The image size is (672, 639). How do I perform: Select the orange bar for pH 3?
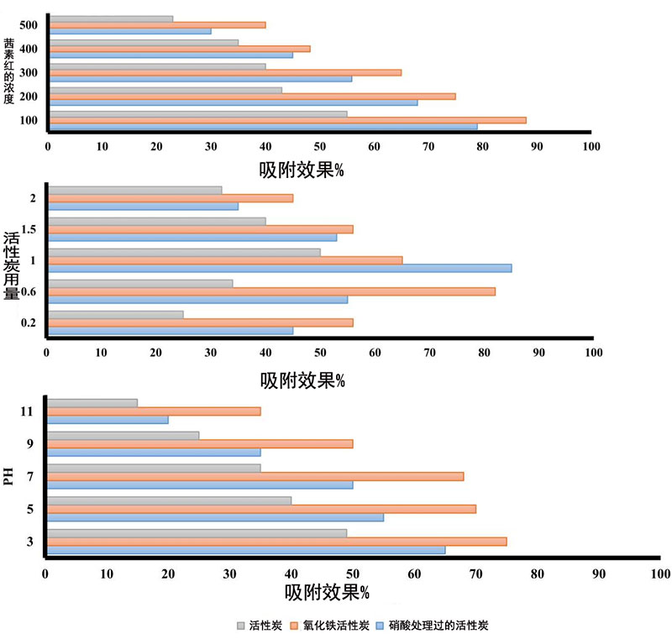pyautogui.click(x=277, y=542)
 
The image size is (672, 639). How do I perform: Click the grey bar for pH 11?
pyautogui.click(x=92, y=403)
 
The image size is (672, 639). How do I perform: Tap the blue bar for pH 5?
pyautogui.click(x=215, y=517)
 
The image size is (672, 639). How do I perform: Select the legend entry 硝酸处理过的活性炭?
pyautogui.click(x=437, y=626)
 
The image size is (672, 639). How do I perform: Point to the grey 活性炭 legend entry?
pyautogui.click(x=260, y=626)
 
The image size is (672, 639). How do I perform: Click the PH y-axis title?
pyautogui.click(x=8, y=476)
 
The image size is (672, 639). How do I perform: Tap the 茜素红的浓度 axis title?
pyautogui.click(x=8, y=71)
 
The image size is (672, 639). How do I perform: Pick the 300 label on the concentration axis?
pyautogui.click(x=29, y=73)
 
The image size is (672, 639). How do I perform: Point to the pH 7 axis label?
pyautogui.click(x=30, y=476)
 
